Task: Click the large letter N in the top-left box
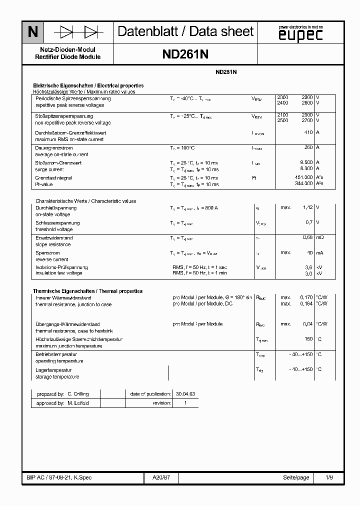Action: (x=33, y=32)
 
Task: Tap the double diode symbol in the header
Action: (x=79, y=32)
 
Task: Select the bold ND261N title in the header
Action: (x=185, y=54)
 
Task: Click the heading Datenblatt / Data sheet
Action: (x=185, y=32)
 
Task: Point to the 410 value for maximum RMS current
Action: (x=308, y=132)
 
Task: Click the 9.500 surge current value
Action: (x=306, y=163)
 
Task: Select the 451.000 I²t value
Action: (x=304, y=178)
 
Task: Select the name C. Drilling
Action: (x=78, y=394)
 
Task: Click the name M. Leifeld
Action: (x=78, y=403)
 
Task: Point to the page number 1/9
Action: (x=329, y=477)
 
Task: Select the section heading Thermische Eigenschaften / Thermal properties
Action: (x=88, y=291)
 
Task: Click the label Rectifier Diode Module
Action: (x=68, y=57)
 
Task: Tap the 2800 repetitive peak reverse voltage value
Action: (x=307, y=103)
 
